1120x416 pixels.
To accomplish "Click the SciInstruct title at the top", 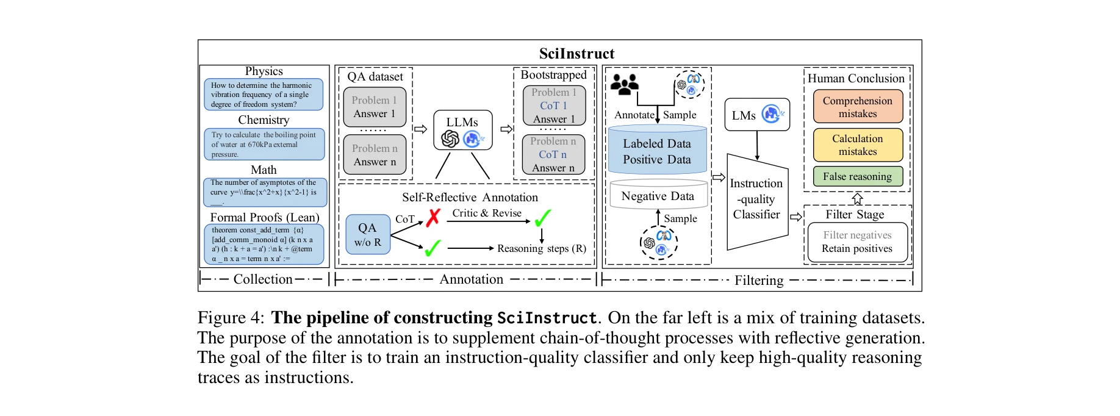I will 576,54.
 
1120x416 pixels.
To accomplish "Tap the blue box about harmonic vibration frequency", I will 264,95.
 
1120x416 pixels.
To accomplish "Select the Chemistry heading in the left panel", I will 264,120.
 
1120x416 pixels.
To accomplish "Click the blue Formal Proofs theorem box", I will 264,245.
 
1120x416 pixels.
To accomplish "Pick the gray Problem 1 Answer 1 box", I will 374,107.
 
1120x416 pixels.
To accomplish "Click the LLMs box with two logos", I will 462,130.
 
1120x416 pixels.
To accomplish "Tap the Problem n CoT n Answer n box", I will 553,155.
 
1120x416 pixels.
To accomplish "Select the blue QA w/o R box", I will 367,235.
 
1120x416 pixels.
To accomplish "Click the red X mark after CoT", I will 433,218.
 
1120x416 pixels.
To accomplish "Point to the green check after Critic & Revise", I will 542,218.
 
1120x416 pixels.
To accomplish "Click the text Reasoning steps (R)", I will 541,248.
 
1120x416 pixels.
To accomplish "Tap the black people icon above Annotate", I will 624,85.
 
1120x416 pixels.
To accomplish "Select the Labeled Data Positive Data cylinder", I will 657,151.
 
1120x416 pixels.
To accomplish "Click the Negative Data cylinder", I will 658,196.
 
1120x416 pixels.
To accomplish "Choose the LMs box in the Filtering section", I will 756,115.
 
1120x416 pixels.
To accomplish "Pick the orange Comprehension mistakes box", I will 857,107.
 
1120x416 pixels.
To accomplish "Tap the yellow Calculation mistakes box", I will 857,145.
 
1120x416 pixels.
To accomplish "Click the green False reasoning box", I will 857,177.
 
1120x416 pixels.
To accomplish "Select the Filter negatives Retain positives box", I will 856,242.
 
